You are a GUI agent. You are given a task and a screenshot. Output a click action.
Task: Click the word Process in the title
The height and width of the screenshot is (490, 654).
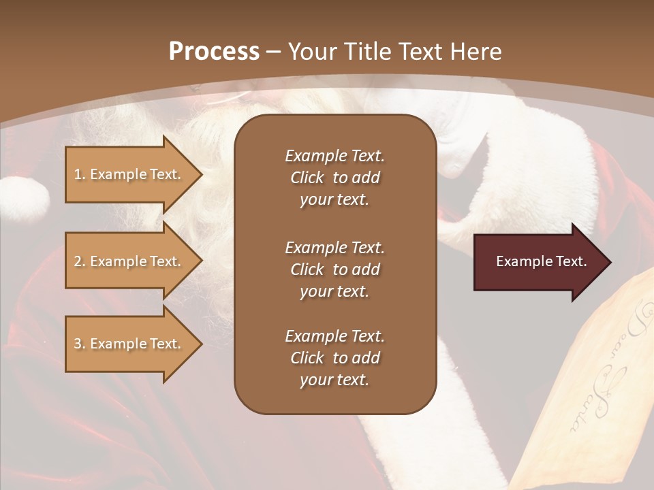coord(214,52)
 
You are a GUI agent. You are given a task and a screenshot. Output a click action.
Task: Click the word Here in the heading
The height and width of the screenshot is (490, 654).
coord(476,52)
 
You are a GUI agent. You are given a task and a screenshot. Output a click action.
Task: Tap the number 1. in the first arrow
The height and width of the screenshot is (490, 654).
coord(80,174)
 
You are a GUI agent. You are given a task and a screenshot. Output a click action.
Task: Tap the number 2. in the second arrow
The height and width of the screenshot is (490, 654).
coord(80,261)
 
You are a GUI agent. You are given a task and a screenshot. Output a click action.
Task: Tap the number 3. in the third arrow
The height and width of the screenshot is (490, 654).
coord(80,344)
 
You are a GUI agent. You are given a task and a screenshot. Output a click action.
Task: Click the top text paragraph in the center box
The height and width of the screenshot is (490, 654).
coord(334,178)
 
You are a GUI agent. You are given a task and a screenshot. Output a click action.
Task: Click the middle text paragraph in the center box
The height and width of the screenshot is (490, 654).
coord(334,269)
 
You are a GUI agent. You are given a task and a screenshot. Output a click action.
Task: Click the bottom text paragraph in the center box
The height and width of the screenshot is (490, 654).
coord(334,358)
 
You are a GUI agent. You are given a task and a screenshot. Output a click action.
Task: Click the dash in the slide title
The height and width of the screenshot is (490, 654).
coord(274,52)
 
